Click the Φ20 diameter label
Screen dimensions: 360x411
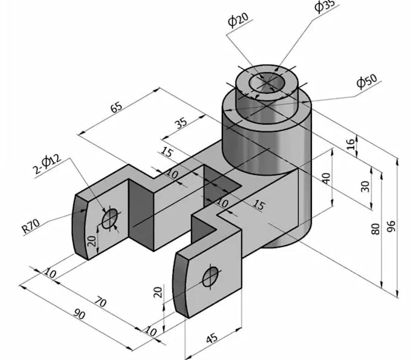pyautogui.click(x=238, y=21)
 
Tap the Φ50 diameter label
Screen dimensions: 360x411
pyautogui.click(x=367, y=82)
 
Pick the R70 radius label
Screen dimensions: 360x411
pyautogui.click(x=31, y=226)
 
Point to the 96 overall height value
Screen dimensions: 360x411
pyautogui.click(x=391, y=226)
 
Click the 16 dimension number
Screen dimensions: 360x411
pyautogui.click(x=351, y=144)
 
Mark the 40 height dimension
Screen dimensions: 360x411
pyautogui.click(x=327, y=178)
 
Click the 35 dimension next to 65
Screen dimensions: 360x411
pyautogui.click(x=181, y=122)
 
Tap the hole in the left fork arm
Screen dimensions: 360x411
pyautogui.click(x=109, y=218)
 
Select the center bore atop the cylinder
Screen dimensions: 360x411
pyautogui.click(x=267, y=82)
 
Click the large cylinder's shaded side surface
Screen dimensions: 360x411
pyautogui.click(x=266, y=145)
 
